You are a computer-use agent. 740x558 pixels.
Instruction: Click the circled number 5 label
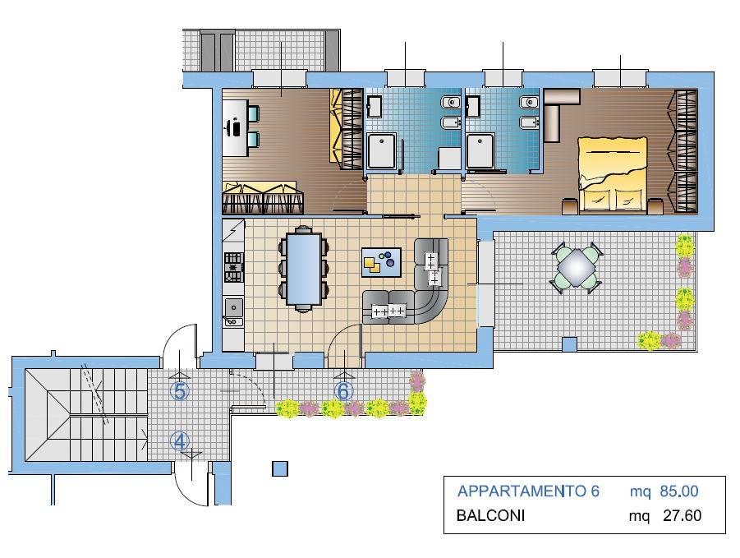pyautogui.click(x=180, y=391)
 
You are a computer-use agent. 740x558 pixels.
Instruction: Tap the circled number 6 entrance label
pyautogui.click(x=343, y=391)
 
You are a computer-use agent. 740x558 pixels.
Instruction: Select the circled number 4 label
pyautogui.click(x=179, y=442)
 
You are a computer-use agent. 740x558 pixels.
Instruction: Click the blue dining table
pyautogui.click(x=304, y=269)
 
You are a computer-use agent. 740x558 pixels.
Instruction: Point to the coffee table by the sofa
pyautogui.click(x=381, y=262)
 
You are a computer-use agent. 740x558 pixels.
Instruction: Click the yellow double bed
pyautogui.click(x=612, y=173)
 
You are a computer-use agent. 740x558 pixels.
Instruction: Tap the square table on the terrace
pyautogui.click(x=576, y=268)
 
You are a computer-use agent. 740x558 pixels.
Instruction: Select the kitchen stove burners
pyautogui.click(x=233, y=267)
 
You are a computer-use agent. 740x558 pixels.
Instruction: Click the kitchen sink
pyautogui.click(x=233, y=311)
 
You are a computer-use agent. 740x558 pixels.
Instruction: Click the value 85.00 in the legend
pyautogui.click(x=679, y=491)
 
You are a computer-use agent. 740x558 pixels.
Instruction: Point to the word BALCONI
pyautogui.click(x=491, y=515)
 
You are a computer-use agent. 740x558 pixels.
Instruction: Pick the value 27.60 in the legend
pyautogui.click(x=682, y=515)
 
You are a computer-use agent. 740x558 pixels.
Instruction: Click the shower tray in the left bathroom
pyautogui.click(x=381, y=150)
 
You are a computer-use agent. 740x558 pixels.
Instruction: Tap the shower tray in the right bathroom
pyautogui.click(x=480, y=150)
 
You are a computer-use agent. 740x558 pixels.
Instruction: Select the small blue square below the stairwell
pyautogui.click(x=280, y=468)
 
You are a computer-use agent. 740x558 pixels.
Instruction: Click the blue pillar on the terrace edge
pyautogui.click(x=570, y=344)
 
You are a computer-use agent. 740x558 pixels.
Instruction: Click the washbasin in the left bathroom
pyautogui.click(x=375, y=106)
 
